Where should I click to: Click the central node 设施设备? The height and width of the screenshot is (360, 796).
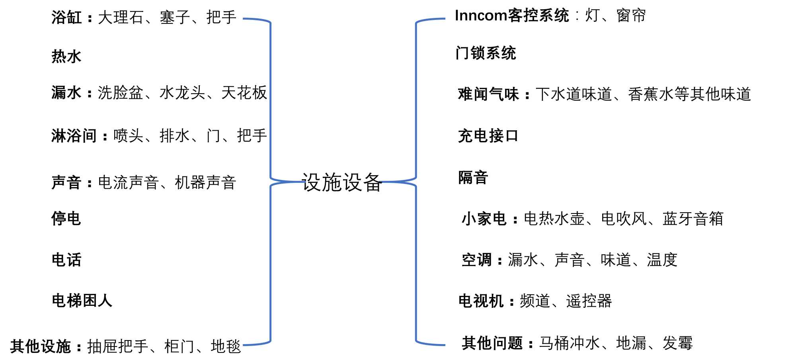[x=342, y=182]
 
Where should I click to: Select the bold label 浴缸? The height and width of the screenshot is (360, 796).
[x=66, y=18]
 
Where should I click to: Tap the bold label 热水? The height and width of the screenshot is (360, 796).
[x=66, y=57]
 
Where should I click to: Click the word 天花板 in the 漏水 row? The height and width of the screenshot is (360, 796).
[x=244, y=93]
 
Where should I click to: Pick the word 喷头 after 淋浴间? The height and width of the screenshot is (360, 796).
[x=128, y=136]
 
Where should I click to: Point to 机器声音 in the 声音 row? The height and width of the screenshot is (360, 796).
[x=205, y=183]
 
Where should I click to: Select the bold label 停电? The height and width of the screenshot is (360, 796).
[x=66, y=219]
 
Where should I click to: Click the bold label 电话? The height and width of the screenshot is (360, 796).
[x=66, y=260]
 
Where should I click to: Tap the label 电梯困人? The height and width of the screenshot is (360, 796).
[x=82, y=301]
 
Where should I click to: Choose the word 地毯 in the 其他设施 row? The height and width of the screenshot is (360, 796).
[x=226, y=346]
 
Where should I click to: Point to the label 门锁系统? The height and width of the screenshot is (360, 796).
[x=486, y=53]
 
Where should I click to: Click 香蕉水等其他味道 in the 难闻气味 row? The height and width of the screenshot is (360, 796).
[x=689, y=94]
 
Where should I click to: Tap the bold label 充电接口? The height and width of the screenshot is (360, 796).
[x=488, y=136]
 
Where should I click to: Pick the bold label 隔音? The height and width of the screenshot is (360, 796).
[x=473, y=178]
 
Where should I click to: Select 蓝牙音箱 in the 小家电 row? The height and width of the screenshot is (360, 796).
[x=693, y=219]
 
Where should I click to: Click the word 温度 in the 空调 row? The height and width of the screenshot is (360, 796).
[x=662, y=260]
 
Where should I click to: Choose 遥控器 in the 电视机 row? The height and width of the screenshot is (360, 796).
[x=589, y=301]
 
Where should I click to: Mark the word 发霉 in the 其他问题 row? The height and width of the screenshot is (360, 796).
[x=677, y=343]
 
